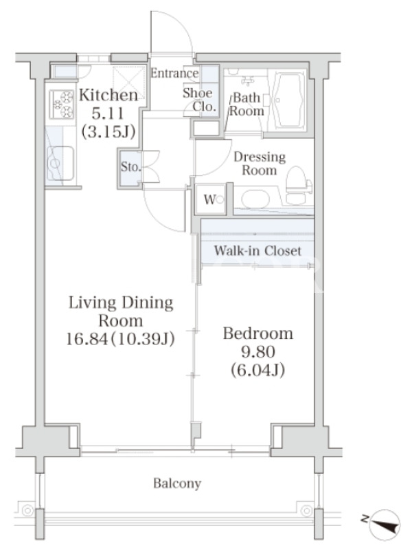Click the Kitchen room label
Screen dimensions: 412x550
108,96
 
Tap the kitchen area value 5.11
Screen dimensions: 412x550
108,113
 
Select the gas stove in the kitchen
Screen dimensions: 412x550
61,104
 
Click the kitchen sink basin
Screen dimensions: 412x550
60,163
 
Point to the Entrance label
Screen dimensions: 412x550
174,73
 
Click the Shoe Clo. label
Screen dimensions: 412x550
199,100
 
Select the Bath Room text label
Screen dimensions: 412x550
247,104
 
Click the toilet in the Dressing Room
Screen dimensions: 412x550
298,184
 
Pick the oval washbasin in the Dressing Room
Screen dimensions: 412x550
255,199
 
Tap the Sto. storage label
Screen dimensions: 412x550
130,166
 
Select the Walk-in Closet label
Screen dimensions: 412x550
257,250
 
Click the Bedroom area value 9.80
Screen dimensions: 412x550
258,352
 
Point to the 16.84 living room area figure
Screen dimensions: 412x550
87,339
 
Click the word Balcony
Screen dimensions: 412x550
177,484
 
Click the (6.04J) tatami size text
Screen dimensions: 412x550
258,370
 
